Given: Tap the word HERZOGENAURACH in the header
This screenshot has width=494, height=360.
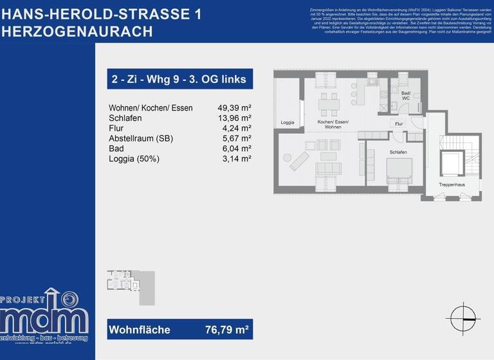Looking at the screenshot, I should pyautogui.click(x=77, y=32).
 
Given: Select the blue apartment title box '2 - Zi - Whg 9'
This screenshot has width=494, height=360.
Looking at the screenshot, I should pyautogui.click(x=179, y=78).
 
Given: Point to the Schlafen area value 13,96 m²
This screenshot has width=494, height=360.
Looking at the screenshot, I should pyautogui.click(x=234, y=118).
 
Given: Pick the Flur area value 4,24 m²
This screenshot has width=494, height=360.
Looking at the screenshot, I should pyautogui.click(x=237, y=128).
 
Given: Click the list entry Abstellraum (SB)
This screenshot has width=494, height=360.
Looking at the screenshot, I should pyautogui.click(x=141, y=138).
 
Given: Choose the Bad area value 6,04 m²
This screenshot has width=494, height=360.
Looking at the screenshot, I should pyautogui.click(x=237, y=148).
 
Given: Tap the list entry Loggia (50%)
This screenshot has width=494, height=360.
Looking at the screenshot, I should pyautogui.click(x=134, y=159).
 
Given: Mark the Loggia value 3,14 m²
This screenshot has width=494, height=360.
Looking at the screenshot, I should pyautogui.click(x=237, y=159).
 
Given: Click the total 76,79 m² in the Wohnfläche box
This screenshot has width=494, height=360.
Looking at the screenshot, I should pyautogui.click(x=226, y=330).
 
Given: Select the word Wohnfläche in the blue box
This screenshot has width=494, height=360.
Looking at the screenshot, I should pyautogui.click(x=140, y=330).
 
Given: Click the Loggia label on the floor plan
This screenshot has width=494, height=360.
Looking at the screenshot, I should pyautogui.click(x=288, y=122).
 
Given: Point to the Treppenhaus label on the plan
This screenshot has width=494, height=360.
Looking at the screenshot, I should pyautogui.click(x=452, y=185).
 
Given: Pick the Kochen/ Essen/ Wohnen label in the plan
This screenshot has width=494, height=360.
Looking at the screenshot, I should pyautogui.click(x=333, y=124).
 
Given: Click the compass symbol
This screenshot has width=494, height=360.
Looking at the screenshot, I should pyautogui.click(x=463, y=319).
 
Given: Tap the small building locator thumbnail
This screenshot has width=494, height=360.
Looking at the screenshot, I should pyautogui.click(x=130, y=287).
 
